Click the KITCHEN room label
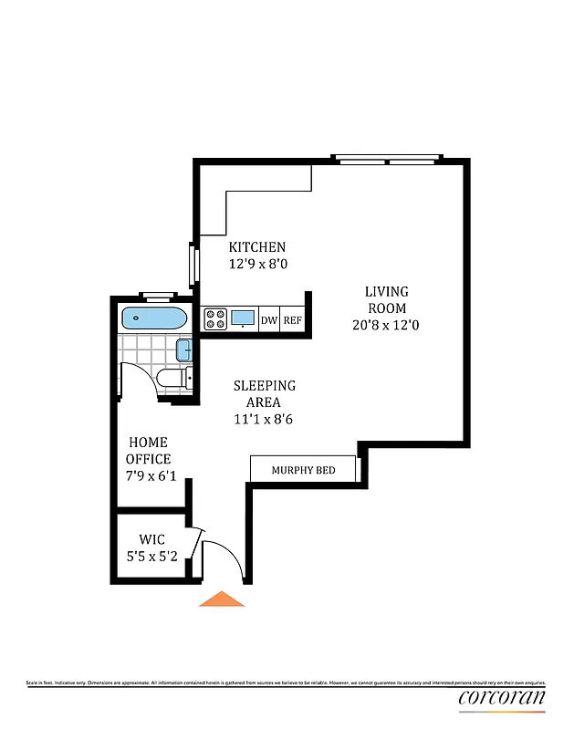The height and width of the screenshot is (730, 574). (256, 247)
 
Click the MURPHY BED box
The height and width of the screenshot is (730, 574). (303, 470)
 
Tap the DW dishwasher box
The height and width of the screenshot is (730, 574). (269, 319)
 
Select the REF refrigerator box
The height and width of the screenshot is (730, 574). (292, 319)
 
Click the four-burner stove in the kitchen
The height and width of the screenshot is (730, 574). (215, 319)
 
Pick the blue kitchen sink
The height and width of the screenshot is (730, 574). (244, 318)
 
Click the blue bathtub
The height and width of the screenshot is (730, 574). (154, 319)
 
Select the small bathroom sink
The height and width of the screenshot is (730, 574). (183, 349)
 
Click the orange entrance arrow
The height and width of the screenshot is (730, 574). (222, 599)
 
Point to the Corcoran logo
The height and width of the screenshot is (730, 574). (501, 699)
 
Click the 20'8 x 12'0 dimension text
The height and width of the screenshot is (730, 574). (387, 324)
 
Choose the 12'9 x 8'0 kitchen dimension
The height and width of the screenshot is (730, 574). (256, 265)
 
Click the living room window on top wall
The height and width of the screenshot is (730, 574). (388, 162)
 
